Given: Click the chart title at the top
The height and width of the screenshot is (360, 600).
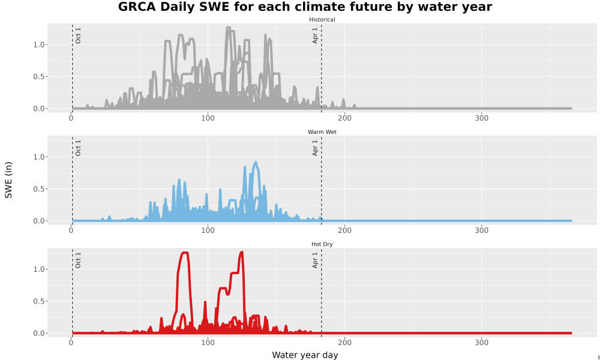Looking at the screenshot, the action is pyautogui.click(x=305, y=7).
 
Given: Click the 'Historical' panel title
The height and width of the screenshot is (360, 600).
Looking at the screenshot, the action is pyautogui.click(x=322, y=20).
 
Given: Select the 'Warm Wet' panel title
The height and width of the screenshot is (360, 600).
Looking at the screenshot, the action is pyautogui.click(x=322, y=132).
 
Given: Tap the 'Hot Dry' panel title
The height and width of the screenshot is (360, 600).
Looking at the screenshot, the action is pyautogui.click(x=322, y=244).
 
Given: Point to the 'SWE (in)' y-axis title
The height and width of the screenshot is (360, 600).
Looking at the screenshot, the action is pyautogui.click(x=8, y=180).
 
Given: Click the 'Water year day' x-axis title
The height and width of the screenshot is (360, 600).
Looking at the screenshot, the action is pyautogui.click(x=305, y=355).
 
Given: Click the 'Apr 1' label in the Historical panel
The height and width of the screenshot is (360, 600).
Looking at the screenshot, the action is pyautogui.click(x=315, y=35).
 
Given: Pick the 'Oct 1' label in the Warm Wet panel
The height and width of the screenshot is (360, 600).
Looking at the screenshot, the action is pyautogui.click(x=78, y=148).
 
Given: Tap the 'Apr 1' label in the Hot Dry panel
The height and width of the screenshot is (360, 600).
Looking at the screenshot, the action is pyautogui.click(x=315, y=260).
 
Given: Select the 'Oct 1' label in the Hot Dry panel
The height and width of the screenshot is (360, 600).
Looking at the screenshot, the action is pyautogui.click(x=78, y=260).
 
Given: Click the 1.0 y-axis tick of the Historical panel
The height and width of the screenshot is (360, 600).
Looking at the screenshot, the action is pyautogui.click(x=40, y=45).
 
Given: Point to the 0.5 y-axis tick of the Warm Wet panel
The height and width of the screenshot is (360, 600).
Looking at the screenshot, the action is pyautogui.click(x=40, y=189).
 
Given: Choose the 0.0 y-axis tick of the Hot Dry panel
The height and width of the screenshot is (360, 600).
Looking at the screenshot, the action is pyautogui.click(x=40, y=333).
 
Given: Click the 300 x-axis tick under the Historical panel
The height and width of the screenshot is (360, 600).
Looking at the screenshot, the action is pyautogui.click(x=481, y=118).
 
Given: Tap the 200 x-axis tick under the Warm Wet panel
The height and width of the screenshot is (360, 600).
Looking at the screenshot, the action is pyautogui.click(x=345, y=230).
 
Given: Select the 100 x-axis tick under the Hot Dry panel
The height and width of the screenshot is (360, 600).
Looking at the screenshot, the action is pyautogui.click(x=208, y=343).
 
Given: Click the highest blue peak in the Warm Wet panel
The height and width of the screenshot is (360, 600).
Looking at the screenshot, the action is pyautogui.click(x=255, y=162).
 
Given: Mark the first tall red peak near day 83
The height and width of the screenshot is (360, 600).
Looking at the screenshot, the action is pyautogui.click(x=185, y=253).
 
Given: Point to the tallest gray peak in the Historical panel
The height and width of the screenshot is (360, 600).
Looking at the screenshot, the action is pyautogui.click(x=229, y=28).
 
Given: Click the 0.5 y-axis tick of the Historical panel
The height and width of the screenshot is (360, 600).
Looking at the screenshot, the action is pyautogui.click(x=40, y=77).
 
